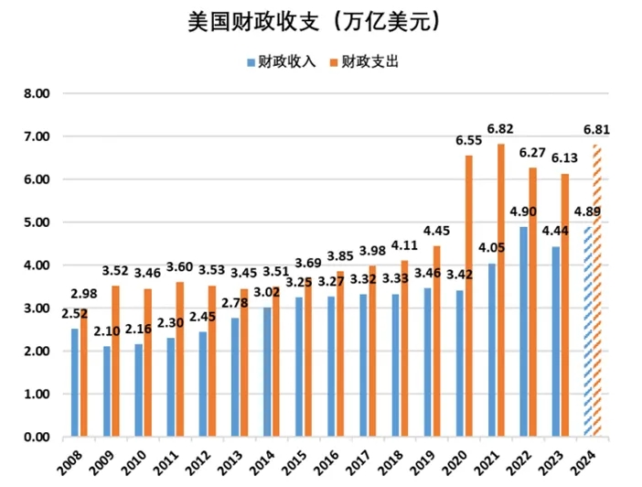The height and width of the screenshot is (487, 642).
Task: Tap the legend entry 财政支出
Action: (x=366, y=62)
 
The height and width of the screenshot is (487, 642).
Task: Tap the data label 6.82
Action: (x=500, y=127)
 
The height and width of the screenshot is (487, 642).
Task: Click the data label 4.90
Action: (x=523, y=211)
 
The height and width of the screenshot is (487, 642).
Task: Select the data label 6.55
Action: (x=468, y=140)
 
